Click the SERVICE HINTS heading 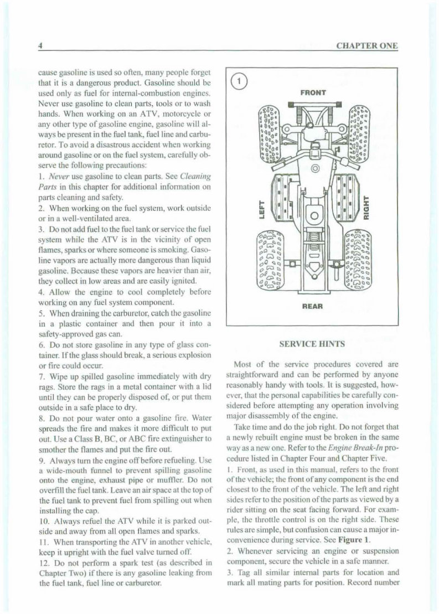313,344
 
